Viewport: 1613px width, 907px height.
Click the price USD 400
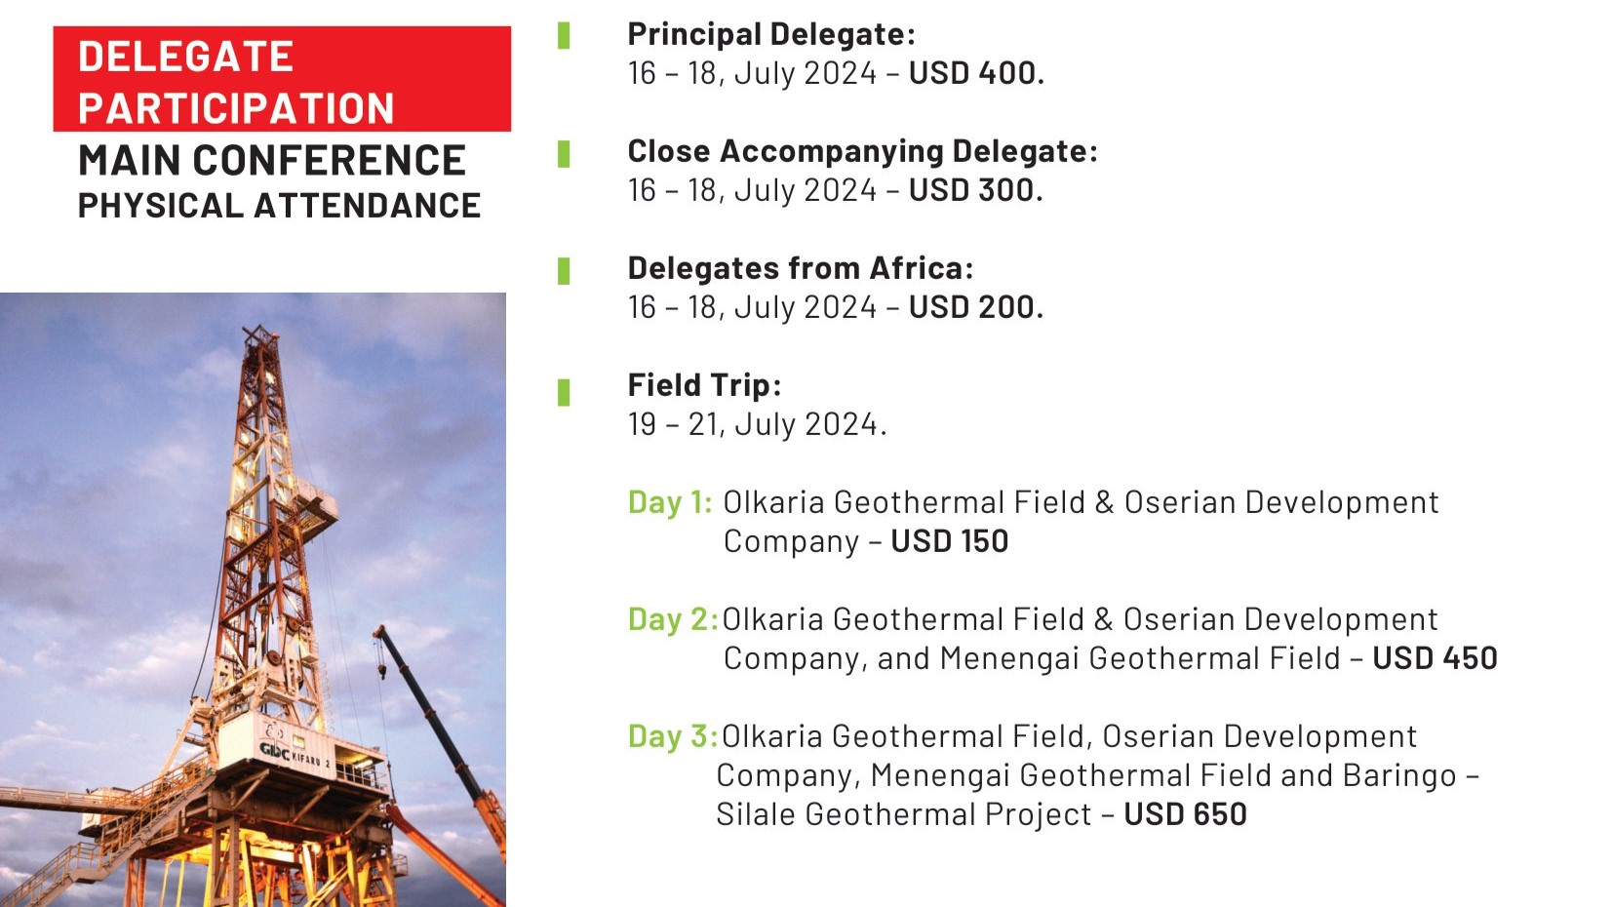976,73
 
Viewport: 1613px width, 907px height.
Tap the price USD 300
976,190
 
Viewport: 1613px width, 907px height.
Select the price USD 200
976,307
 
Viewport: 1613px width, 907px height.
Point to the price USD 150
949,541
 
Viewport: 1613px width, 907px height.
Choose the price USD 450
1435,657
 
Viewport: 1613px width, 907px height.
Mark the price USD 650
1185,814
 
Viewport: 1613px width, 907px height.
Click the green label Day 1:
670,502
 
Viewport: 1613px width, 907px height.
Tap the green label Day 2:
673,619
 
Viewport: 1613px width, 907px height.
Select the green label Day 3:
673,736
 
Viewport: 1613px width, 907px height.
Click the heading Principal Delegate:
771,34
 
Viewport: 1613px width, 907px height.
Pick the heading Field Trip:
704,385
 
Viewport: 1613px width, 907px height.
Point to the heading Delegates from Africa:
801,268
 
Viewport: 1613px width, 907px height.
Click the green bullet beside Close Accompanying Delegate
564,154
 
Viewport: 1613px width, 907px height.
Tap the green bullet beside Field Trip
564,393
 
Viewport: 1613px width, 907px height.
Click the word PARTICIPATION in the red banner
236,108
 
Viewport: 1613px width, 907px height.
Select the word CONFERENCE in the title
329,160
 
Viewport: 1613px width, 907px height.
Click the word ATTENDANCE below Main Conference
368,206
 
